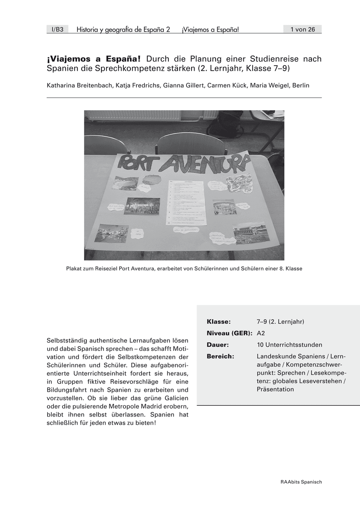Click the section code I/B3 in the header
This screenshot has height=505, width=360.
(x=57, y=29)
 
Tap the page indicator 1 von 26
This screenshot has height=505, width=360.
(x=302, y=29)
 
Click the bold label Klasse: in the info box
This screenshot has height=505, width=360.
(x=219, y=322)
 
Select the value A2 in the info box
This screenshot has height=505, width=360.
(x=261, y=333)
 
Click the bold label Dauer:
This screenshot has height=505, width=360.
(x=218, y=345)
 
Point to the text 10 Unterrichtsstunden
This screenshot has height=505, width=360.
(x=289, y=345)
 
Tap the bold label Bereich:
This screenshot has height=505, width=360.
(x=220, y=356)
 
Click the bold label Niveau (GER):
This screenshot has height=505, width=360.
(x=230, y=333)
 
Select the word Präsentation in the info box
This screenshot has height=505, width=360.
(x=275, y=389)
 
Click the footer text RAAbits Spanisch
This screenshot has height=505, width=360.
(x=301, y=482)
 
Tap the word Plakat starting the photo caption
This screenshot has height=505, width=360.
(x=74, y=268)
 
